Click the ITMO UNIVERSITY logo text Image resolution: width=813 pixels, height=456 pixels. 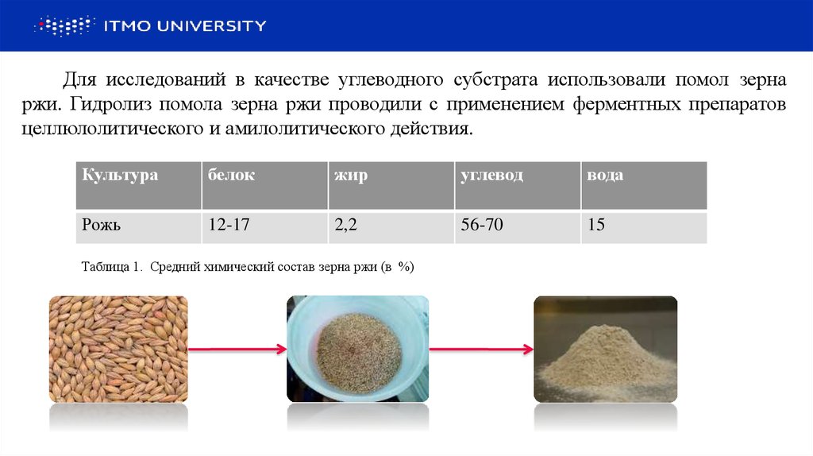185,26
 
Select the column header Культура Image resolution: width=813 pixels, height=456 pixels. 120,176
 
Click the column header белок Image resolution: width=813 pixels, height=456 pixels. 231,176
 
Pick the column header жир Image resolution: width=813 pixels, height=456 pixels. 351,176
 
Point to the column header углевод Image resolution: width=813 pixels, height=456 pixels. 491,176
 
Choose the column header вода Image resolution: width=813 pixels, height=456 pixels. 604,176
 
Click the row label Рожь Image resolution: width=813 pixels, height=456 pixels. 101,226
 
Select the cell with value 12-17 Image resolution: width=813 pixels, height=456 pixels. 229,226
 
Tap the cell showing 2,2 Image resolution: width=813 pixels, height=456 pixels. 348,226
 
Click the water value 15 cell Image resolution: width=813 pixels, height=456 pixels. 596,226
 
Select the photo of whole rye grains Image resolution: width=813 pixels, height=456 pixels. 118,349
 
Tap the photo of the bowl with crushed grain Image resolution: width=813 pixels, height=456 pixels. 357,349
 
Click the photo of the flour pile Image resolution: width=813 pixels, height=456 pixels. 605,349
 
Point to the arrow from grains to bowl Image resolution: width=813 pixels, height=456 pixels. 237,349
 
